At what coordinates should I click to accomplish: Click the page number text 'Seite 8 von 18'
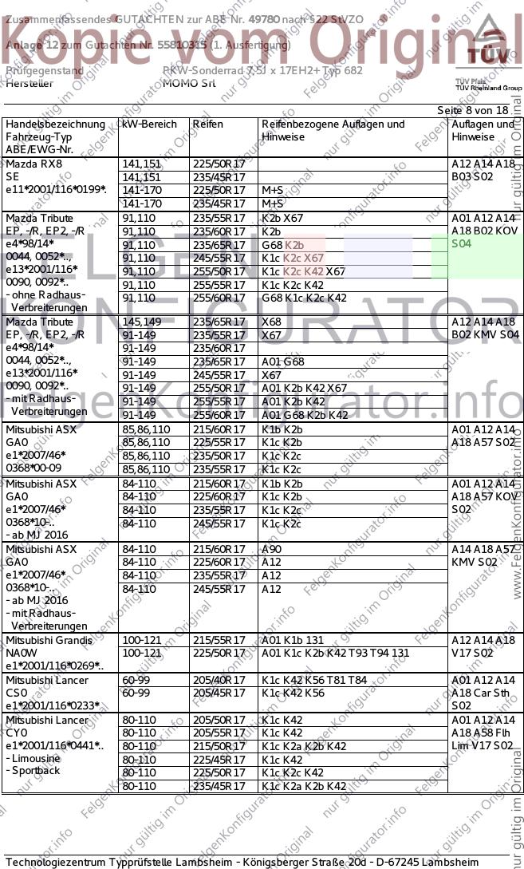pos(472,110)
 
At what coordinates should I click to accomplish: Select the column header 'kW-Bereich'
pos(149,124)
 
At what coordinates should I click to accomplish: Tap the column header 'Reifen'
pos(208,124)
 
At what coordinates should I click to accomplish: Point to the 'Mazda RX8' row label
pos(34,164)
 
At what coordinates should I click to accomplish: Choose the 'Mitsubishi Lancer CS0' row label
pos(49,686)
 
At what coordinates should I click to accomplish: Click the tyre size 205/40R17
pos(219,680)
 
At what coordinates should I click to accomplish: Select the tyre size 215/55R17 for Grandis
pos(219,641)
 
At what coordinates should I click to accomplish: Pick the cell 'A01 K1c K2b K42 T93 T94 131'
pos(335,654)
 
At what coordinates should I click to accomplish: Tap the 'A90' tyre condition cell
pos(271,550)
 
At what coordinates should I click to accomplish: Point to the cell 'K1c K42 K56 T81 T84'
pos(314,680)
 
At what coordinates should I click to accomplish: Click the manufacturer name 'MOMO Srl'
pos(188,82)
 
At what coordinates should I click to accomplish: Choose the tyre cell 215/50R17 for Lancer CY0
pos(219,746)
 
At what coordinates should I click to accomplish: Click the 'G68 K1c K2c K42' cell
pos(304,298)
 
